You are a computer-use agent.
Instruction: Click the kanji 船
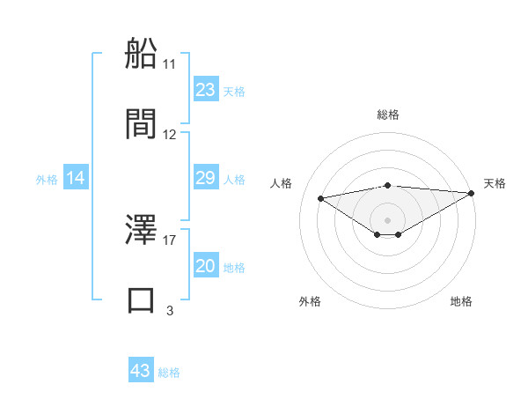click(x=141, y=54)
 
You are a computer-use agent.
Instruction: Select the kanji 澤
click(x=141, y=231)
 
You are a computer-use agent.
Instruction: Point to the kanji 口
click(x=141, y=299)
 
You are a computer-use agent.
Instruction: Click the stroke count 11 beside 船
click(x=170, y=64)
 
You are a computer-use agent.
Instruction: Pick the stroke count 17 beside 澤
click(x=170, y=239)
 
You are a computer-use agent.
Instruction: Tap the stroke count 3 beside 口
click(x=170, y=310)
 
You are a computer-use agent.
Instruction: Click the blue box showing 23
click(x=205, y=90)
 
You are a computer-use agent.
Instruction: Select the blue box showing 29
click(x=205, y=179)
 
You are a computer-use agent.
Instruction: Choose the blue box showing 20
click(x=205, y=267)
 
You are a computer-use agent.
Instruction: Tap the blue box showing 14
click(x=76, y=179)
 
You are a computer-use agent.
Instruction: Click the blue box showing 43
click(x=141, y=371)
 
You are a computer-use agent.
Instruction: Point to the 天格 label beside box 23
click(x=234, y=91)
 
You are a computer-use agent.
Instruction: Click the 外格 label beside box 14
click(x=47, y=180)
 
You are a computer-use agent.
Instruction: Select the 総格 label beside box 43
click(x=169, y=372)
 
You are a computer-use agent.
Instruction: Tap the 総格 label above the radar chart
click(x=388, y=115)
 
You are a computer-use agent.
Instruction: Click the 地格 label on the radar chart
click(x=461, y=302)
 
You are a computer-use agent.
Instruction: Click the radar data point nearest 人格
click(x=321, y=197)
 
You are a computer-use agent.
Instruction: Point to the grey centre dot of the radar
click(x=388, y=219)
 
